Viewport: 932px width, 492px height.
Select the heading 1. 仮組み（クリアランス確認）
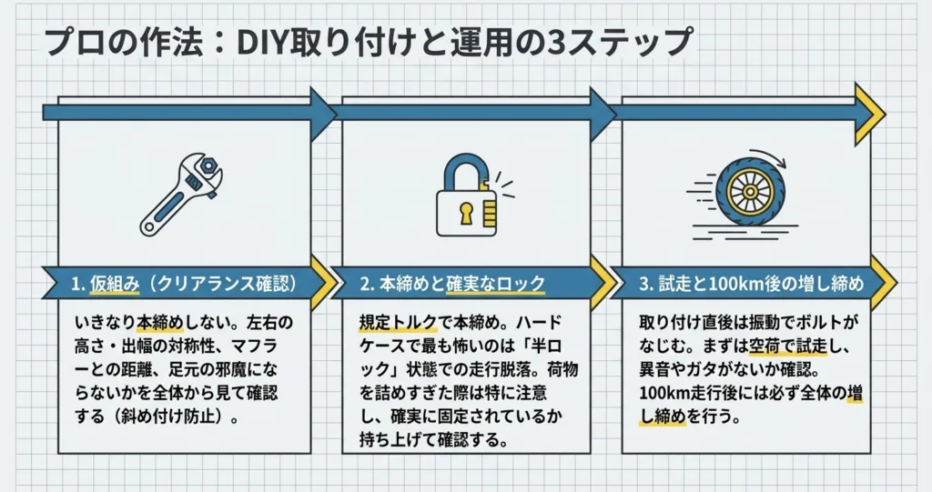click(183, 284)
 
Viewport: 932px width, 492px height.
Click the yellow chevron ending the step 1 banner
click(321, 282)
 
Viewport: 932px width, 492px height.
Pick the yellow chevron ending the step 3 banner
click(881, 282)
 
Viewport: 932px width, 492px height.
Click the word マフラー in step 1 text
click(273, 346)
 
